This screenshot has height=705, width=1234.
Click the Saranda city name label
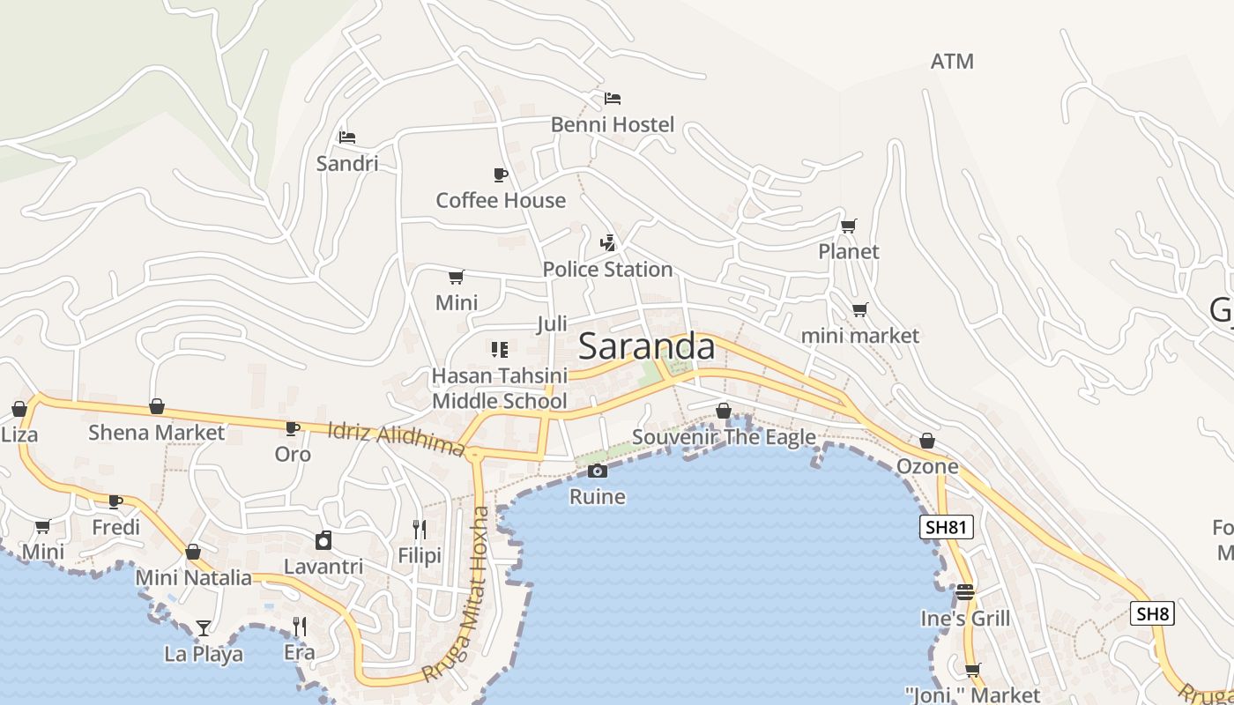[x=646, y=346]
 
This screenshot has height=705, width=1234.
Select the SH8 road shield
[x=1153, y=613]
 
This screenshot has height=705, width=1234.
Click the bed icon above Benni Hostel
[x=613, y=99]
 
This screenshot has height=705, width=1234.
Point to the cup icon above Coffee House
[x=501, y=174]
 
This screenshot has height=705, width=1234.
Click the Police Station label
[x=607, y=269]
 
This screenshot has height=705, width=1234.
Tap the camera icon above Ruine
[x=598, y=471]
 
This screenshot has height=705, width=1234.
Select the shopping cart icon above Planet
[x=848, y=226]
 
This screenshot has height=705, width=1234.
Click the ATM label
[x=952, y=61]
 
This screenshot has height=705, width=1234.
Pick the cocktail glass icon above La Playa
[x=204, y=627]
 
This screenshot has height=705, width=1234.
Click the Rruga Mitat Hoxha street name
[x=456, y=594]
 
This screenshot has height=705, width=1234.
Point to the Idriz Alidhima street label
[x=396, y=439]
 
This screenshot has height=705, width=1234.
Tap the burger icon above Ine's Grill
[x=965, y=592]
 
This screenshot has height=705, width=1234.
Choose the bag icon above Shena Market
[x=157, y=406]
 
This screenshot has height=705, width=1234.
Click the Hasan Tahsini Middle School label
[x=499, y=389]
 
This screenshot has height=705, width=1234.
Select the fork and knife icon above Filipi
[x=420, y=530]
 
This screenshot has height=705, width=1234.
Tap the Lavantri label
[x=323, y=566]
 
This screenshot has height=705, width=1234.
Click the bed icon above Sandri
[x=347, y=137]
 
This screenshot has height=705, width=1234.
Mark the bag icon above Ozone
[x=927, y=441]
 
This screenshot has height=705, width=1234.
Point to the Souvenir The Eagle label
[x=724, y=437]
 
